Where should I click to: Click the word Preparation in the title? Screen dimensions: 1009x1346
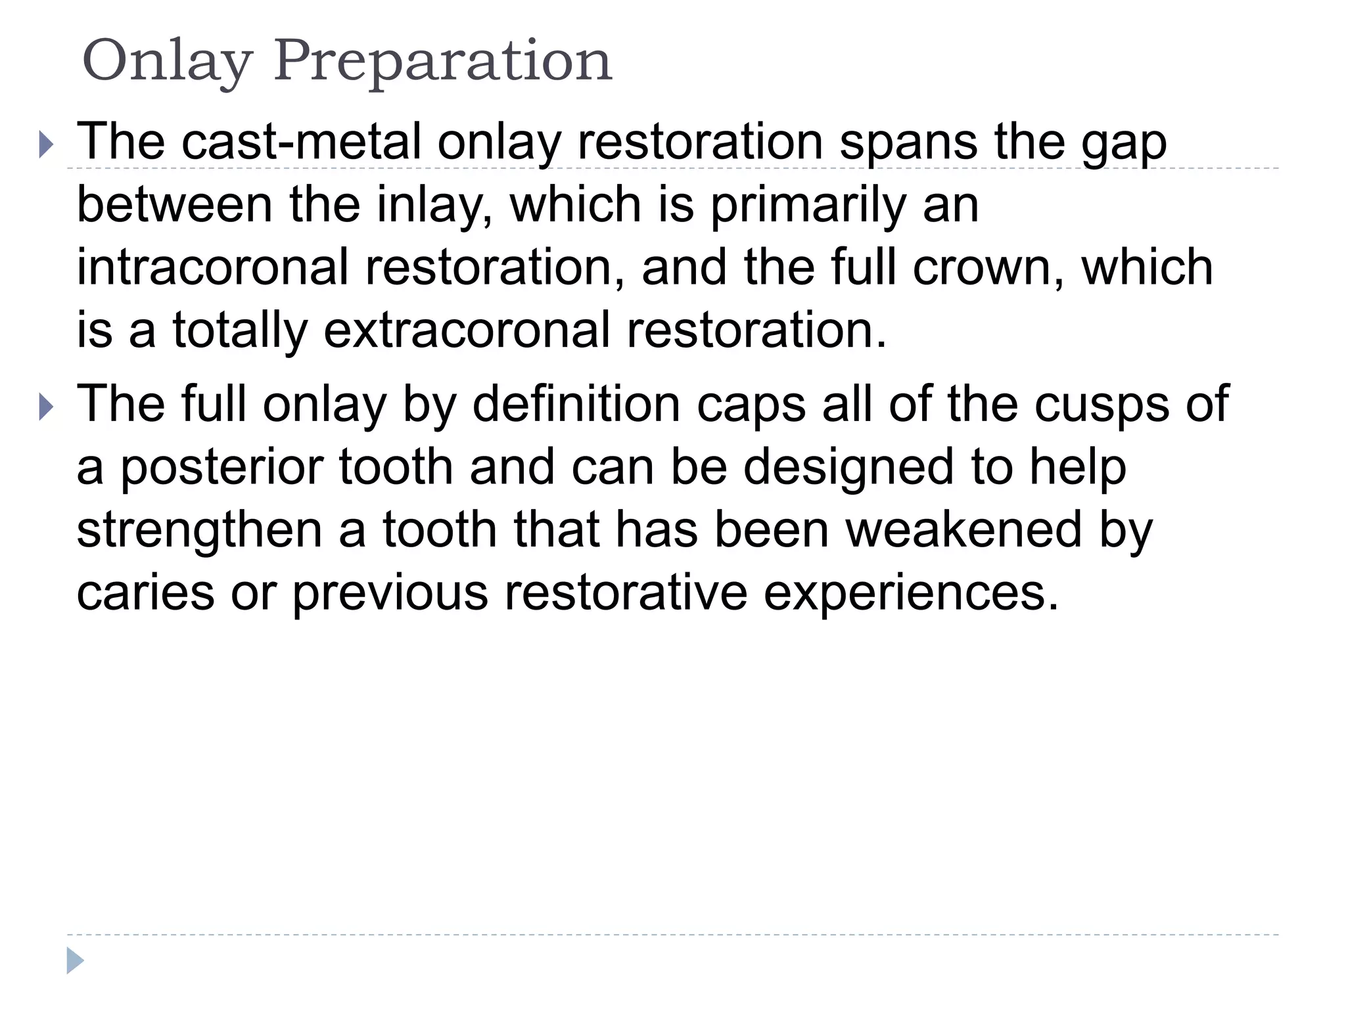tap(443, 61)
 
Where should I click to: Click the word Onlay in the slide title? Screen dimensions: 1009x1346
tap(167, 61)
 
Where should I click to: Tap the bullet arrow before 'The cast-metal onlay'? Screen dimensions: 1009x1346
tap(45, 144)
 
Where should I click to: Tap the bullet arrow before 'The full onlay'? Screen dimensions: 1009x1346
tap(45, 407)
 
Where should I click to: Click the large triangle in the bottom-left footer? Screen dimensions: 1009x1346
tap(75, 960)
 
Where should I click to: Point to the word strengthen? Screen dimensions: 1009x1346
tap(198, 531)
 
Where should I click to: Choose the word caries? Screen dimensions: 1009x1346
tap(145, 593)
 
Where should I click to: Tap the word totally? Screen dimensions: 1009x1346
tap(240, 331)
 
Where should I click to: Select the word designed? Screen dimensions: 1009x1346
tap(849, 468)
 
